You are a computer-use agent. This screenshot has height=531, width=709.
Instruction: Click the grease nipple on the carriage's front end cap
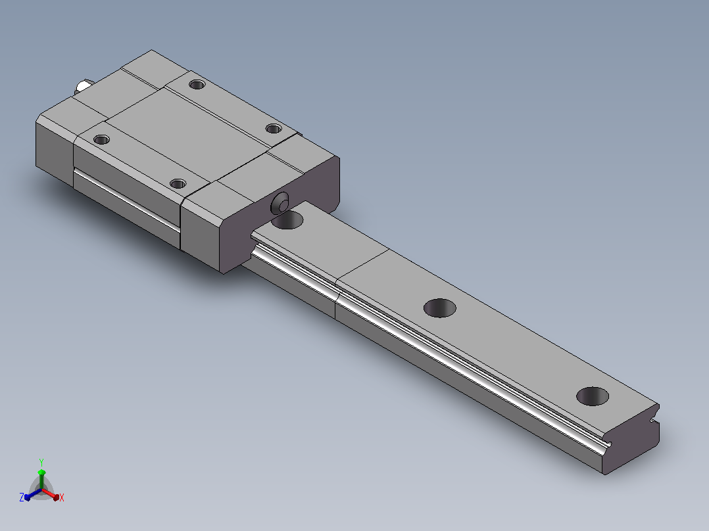(x=280, y=203)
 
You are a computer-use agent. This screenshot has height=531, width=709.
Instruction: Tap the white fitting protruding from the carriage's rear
(x=84, y=85)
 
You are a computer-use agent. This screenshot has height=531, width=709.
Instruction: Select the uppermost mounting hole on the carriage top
(x=197, y=84)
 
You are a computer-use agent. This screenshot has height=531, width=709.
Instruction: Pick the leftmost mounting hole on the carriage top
(x=101, y=139)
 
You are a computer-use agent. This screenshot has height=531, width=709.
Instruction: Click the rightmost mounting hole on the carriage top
(x=274, y=129)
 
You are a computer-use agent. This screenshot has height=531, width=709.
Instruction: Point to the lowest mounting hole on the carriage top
(x=178, y=183)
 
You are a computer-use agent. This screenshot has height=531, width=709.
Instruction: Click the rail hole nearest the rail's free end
(x=593, y=396)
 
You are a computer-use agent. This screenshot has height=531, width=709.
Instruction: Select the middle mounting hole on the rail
(x=439, y=308)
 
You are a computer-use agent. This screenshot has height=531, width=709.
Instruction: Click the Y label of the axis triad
(x=41, y=462)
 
